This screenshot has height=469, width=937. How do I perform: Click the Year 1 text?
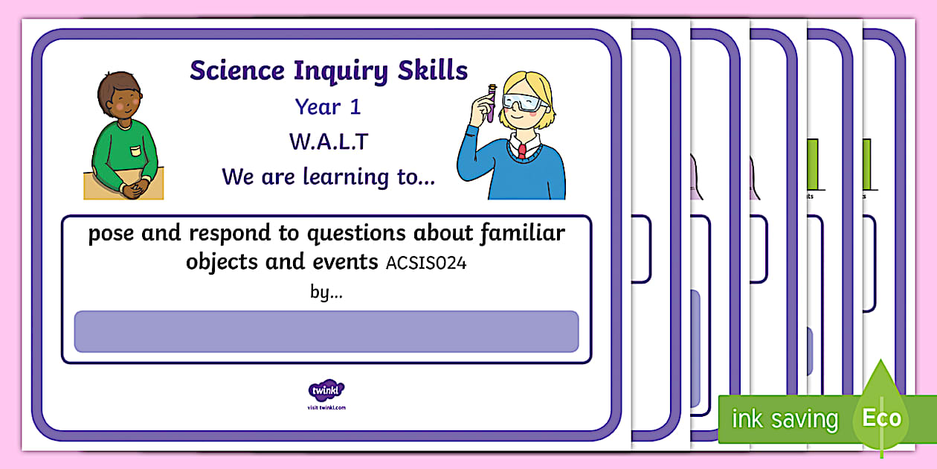(328, 107)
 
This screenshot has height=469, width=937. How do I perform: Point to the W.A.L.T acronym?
(329, 141)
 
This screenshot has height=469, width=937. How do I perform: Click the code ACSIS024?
(426, 264)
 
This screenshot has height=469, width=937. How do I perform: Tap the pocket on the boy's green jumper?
(135, 152)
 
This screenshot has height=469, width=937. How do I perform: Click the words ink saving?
(785, 419)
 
